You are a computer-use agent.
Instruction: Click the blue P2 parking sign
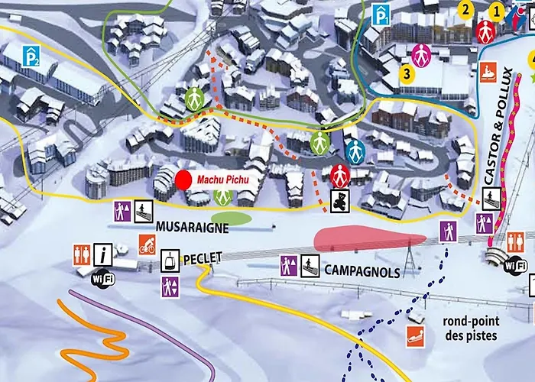pos(31,55)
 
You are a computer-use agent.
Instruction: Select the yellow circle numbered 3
pos(407,74)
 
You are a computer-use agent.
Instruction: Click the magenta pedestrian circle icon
pos(420,54)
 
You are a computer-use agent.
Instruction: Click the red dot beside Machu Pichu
pos(183,180)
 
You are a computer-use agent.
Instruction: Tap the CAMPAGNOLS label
pos(362,271)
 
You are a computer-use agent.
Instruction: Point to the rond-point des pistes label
pos(470,329)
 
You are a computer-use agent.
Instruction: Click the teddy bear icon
pos(338,200)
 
